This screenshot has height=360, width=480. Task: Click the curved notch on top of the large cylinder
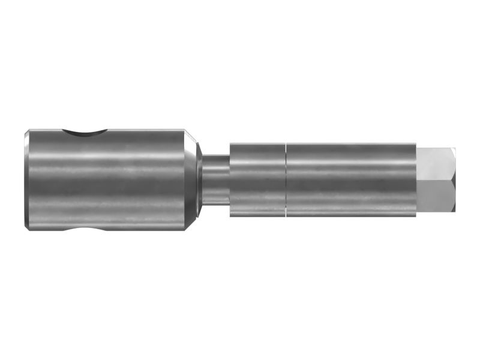86,133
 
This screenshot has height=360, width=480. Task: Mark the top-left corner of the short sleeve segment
230,144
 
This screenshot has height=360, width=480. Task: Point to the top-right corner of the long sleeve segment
416,144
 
